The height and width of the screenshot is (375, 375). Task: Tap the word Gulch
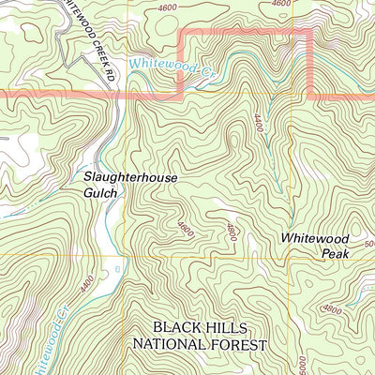coord(99,192)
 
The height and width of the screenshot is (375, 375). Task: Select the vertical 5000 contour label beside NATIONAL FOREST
coord(302,363)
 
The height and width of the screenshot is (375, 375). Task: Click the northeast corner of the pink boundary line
coord(310,31)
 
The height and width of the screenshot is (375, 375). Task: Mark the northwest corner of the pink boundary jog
coord(180,31)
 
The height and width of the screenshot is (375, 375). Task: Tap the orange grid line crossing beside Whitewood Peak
coord(292,256)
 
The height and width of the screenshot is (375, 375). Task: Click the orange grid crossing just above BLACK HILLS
coord(124,256)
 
